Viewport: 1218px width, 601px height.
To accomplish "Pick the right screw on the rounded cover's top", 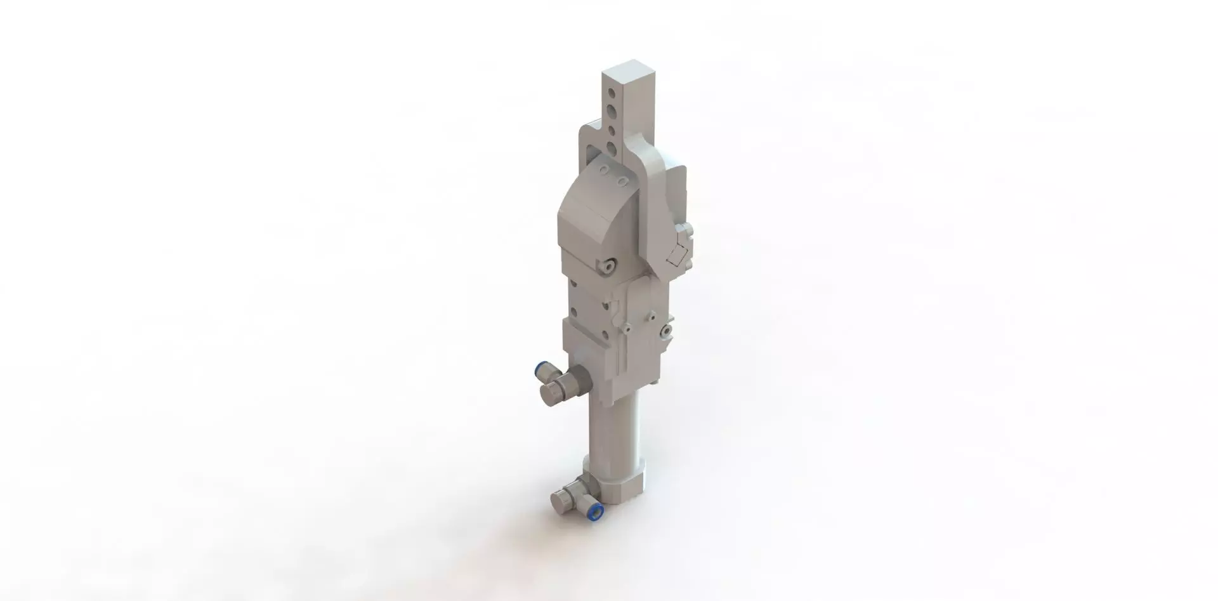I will tap(625, 183).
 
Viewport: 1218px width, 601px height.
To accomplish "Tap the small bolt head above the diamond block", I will tap(683, 230).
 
